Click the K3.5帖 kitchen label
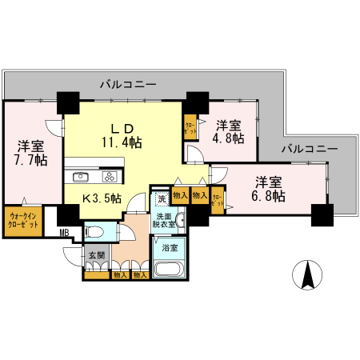(102, 197)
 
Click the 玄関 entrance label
(95, 256)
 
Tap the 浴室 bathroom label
(170, 247)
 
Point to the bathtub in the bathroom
(169, 267)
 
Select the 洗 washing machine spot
(161, 198)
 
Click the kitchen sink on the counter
(82, 178)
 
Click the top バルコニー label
(128, 84)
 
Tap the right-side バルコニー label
(309, 149)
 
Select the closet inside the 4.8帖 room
(190, 129)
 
